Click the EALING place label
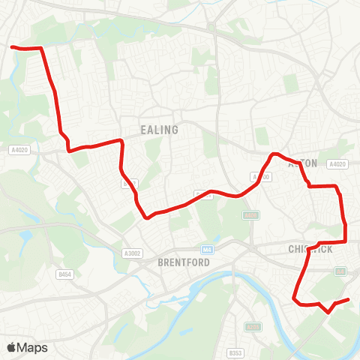click(x=160, y=130)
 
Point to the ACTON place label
click(x=304, y=163)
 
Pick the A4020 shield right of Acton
click(x=338, y=163)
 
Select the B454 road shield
click(x=65, y=274)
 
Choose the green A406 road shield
click(x=250, y=214)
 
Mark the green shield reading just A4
click(x=340, y=270)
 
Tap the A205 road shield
click(x=253, y=327)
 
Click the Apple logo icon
click(x=11, y=347)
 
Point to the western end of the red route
click(x=12, y=47)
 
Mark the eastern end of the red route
click(x=349, y=300)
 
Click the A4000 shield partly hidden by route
click(x=260, y=177)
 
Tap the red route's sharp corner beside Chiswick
click(x=345, y=241)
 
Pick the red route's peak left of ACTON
click(x=274, y=154)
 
